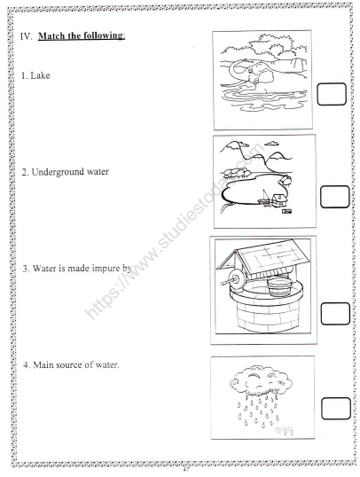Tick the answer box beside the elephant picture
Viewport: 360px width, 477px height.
[x=332, y=95]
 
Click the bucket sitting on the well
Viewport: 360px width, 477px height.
[x=278, y=289]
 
